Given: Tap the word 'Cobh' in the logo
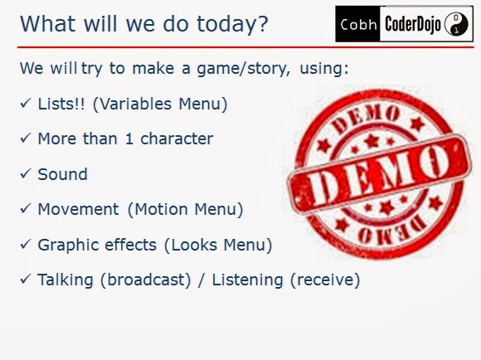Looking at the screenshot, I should click(358, 25).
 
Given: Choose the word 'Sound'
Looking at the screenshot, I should click(62, 174).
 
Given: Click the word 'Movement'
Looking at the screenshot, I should click(78, 210).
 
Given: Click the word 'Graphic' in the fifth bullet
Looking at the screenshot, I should click(69, 246).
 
